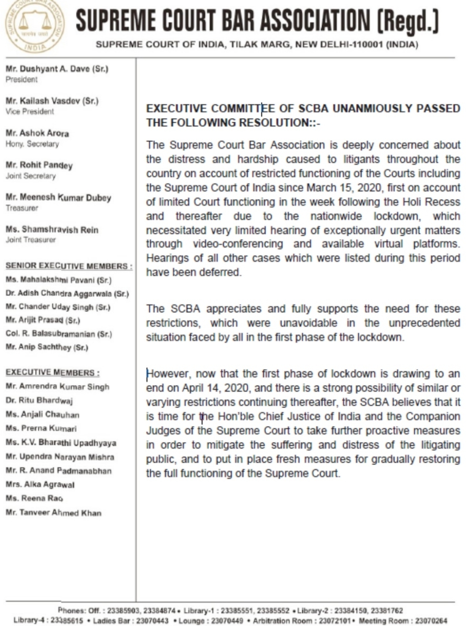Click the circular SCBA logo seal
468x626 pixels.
click(x=34, y=26)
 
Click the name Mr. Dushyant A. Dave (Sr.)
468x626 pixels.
click(x=57, y=69)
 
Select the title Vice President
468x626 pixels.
click(x=30, y=112)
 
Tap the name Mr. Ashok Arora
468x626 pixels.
click(x=37, y=133)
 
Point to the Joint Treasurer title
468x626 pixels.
click(x=31, y=240)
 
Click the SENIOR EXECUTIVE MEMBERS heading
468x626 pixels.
click(x=69, y=266)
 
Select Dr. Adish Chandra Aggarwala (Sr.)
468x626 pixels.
click(x=67, y=294)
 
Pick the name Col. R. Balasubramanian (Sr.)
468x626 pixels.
click(x=59, y=334)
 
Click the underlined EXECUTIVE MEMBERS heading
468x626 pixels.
click(x=52, y=373)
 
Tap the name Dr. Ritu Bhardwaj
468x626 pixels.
click(x=39, y=401)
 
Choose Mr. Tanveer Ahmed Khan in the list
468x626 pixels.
click(x=53, y=513)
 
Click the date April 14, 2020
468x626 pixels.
click(x=215, y=388)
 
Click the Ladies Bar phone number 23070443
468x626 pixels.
click(x=153, y=621)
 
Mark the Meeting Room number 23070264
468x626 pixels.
click(x=431, y=621)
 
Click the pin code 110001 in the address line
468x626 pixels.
click(x=366, y=45)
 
